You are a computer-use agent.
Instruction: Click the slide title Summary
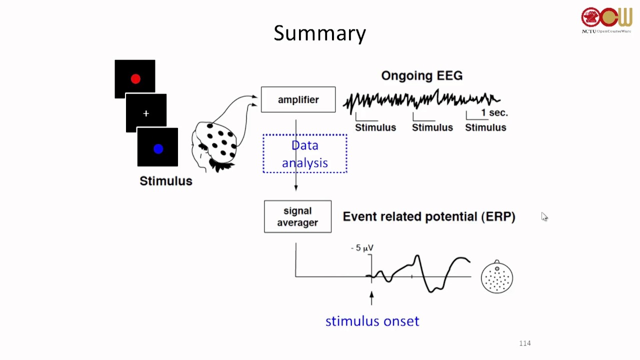tap(320, 33)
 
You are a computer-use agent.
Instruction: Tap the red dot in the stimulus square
tap(135, 79)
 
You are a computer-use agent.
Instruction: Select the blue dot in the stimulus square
tap(158, 148)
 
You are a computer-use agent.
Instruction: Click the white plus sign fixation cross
tap(146, 114)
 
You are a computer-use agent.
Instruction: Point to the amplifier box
tap(298, 99)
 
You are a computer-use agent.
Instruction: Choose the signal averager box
tap(297, 216)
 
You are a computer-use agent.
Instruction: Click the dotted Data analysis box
tap(305, 153)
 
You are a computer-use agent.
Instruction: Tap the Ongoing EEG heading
tap(421, 75)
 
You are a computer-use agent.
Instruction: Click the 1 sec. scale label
tap(494, 113)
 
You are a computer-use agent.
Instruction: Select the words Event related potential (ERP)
tap(428, 216)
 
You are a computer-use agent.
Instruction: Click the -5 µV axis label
tap(362, 248)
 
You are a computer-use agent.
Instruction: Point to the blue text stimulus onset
tap(372, 321)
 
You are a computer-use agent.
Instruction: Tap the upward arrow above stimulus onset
tap(371, 297)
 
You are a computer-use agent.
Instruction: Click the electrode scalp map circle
tap(497, 277)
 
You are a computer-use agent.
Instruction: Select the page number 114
tap(524, 343)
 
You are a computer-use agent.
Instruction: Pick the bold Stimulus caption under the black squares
tap(165, 181)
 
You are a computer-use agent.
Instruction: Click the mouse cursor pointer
tap(544, 216)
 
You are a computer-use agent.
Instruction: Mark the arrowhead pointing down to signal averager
tap(296, 187)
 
